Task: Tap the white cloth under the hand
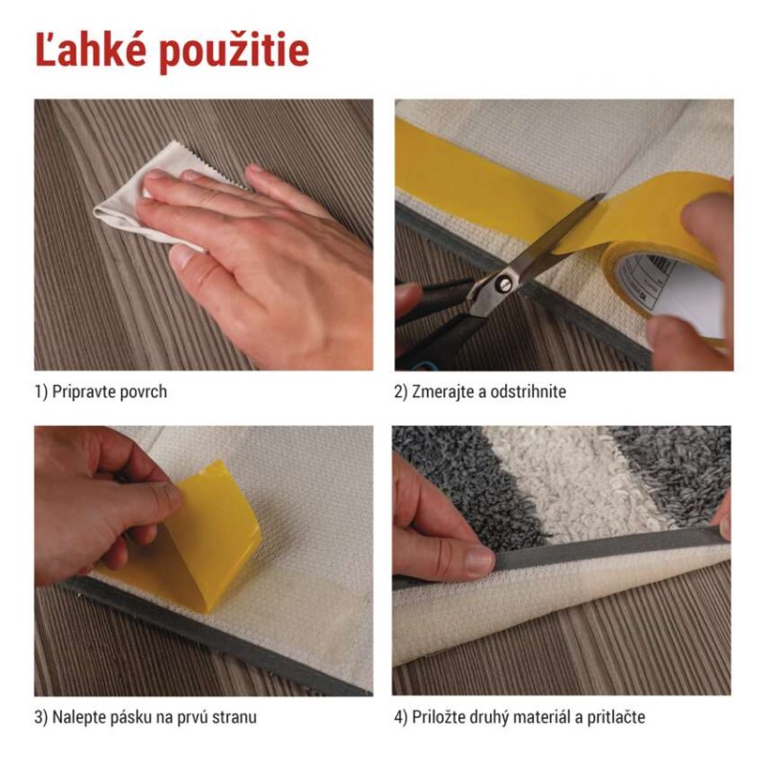[146, 195]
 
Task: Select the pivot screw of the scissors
[502, 283]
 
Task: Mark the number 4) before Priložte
[400, 718]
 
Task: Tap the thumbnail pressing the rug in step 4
[479, 561]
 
